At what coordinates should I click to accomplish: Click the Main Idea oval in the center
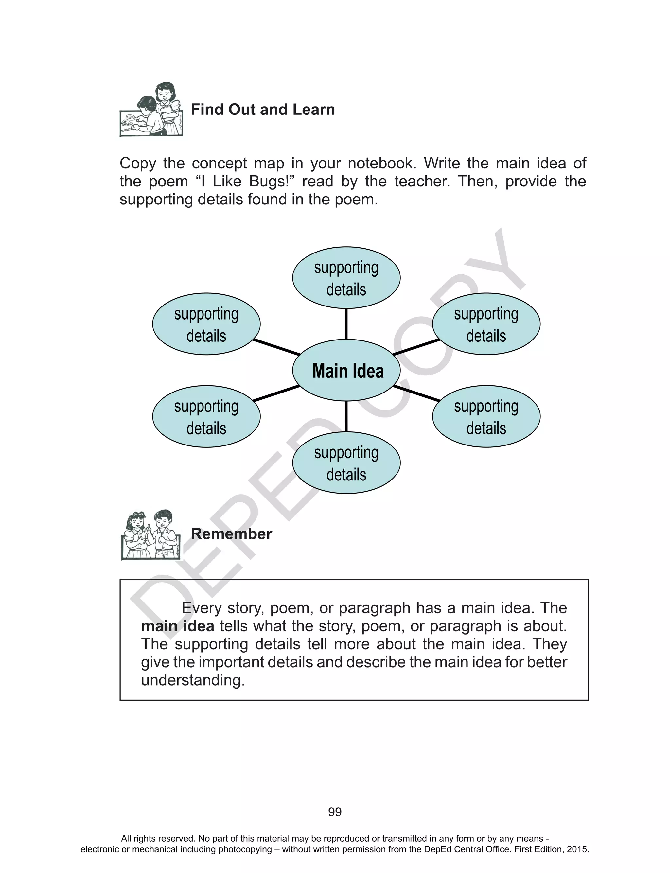[x=346, y=370]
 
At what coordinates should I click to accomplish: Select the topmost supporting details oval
[x=346, y=278]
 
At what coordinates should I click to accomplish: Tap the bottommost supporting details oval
[x=346, y=463]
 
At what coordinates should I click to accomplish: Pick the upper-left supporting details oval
[x=206, y=324]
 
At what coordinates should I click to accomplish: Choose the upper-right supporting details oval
[x=486, y=324]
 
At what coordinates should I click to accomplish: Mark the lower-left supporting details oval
[x=206, y=417]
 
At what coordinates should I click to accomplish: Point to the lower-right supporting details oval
[x=486, y=417]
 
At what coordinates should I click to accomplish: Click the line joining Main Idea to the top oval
[x=346, y=324]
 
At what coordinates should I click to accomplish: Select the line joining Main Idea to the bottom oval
[x=346, y=417]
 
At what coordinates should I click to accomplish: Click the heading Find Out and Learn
[x=263, y=110]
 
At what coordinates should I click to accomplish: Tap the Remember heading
[x=231, y=534]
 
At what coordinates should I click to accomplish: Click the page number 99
[x=335, y=812]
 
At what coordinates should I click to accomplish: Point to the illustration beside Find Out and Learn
[x=151, y=110]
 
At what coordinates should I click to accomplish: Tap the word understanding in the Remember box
[x=193, y=680]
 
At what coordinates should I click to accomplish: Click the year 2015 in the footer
[x=577, y=849]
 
